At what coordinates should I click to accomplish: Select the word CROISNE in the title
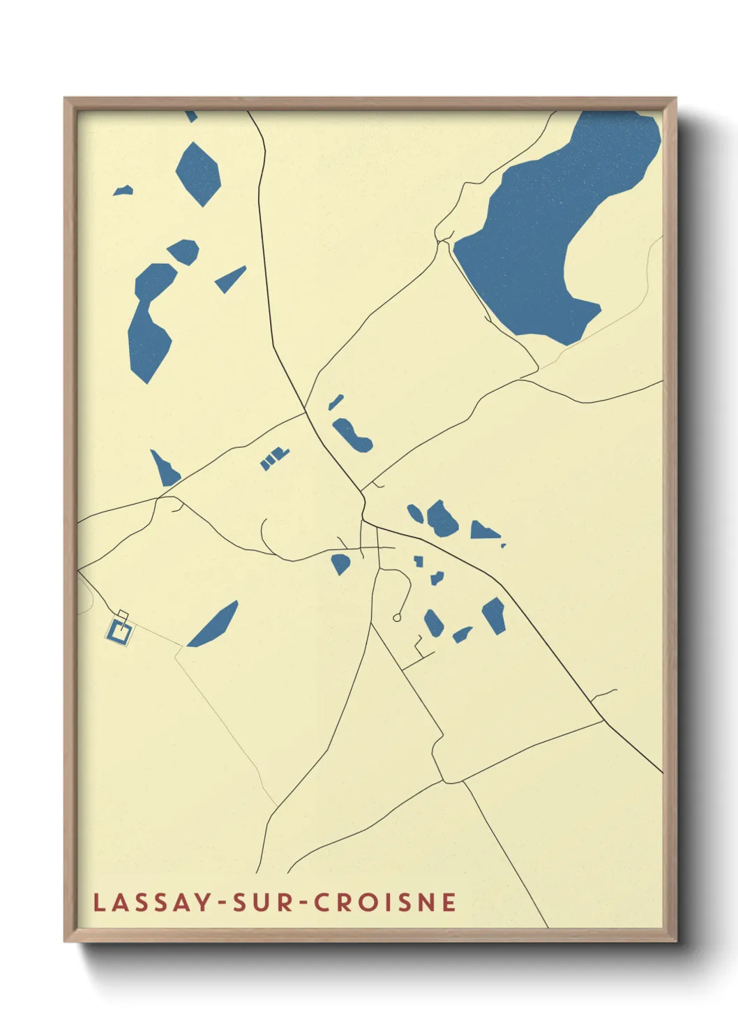(x=385, y=902)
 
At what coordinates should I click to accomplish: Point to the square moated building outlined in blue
(x=120, y=631)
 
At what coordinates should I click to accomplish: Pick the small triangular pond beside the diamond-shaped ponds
(x=230, y=279)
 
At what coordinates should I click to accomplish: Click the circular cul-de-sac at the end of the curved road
(x=397, y=618)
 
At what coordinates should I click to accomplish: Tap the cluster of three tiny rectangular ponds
(x=273, y=459)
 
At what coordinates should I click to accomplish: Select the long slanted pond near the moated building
(x=213, y=625)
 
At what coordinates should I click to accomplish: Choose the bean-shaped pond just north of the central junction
(x=352, y=435)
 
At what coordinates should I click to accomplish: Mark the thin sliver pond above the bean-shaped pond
(x=336, y=402)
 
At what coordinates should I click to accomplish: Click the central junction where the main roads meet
(x=363, y=520)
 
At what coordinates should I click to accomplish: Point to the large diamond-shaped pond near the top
(x=198, y=174)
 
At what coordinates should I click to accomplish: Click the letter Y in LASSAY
(x=201, y=902)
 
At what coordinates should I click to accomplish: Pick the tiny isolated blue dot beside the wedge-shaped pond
(x=503, y=545)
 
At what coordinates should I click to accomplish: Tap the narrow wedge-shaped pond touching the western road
(x=165, y=469)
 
